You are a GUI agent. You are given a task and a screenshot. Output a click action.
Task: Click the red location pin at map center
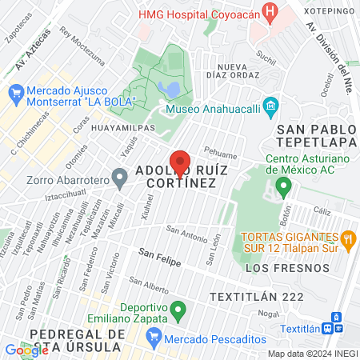tap(180, 163)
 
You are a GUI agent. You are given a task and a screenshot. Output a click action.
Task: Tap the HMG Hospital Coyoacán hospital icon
tap(271, 14)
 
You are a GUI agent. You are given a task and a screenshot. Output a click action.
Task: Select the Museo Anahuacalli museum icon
tap(271, 106)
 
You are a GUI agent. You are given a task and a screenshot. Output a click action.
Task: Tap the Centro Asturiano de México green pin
tap(282, 189)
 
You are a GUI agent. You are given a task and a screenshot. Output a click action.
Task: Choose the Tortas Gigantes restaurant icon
tap(347, 238)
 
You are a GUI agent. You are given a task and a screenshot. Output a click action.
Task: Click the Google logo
tap(26, 350)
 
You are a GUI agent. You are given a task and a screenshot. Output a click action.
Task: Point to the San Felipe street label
tap(159, 257)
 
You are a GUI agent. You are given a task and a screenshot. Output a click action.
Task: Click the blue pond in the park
tap(168, 87)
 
